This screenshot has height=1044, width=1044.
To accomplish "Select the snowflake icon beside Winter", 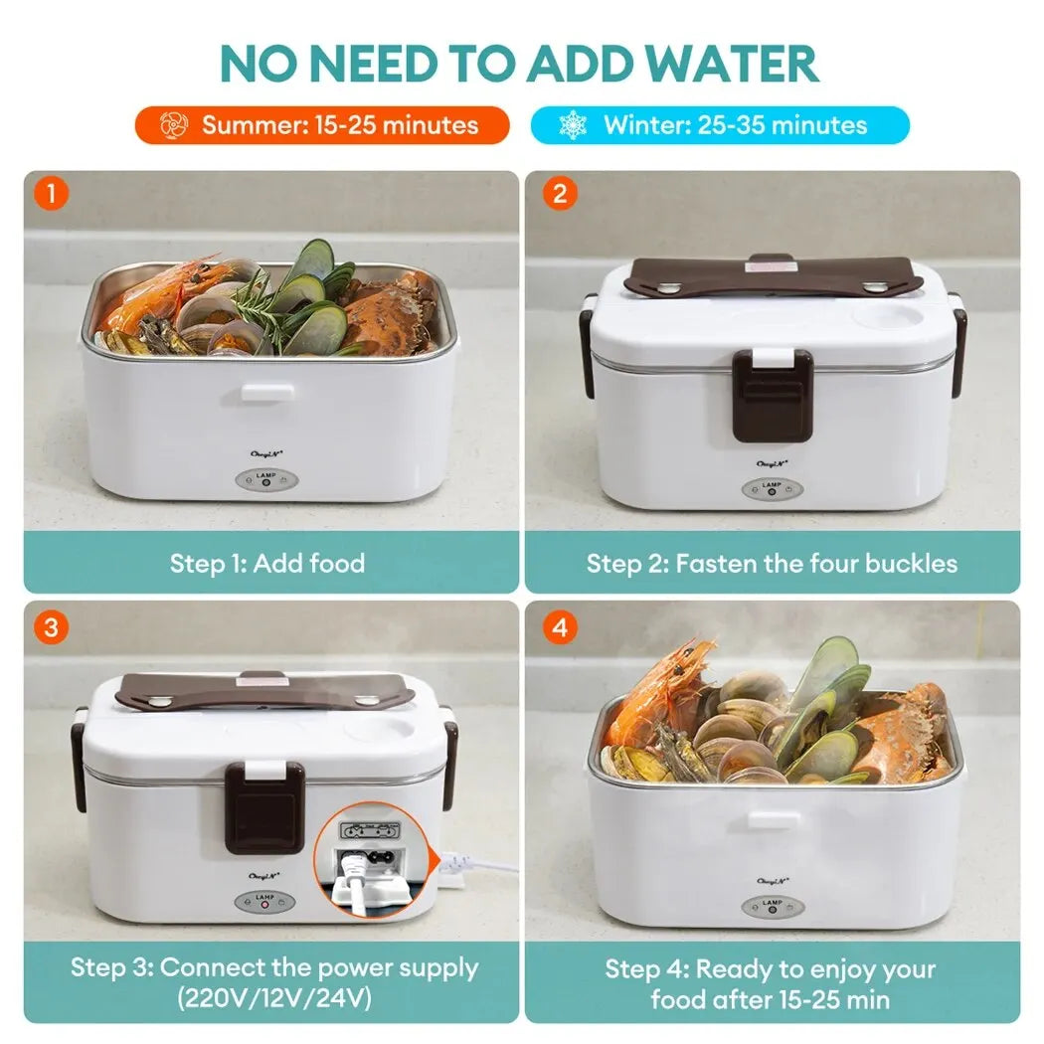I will tap(573, 125).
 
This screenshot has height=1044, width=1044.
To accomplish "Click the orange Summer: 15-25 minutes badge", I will tap(322, 125).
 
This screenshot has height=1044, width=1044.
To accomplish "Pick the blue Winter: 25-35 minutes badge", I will tap(720, 125).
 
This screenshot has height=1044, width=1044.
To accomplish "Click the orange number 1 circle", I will tap(50, 192).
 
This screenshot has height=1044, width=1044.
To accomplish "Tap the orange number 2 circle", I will tap(559, 192).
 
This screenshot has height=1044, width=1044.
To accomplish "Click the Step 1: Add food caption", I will tap(267, 564).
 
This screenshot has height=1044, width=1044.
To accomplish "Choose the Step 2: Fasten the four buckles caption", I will tap(772, 564).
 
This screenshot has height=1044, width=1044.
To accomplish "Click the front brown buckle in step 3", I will tap(263, 806).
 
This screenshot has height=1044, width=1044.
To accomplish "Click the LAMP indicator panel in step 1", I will tap(266, 479).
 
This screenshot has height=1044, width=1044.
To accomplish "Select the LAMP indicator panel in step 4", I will tap(773, 906).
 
